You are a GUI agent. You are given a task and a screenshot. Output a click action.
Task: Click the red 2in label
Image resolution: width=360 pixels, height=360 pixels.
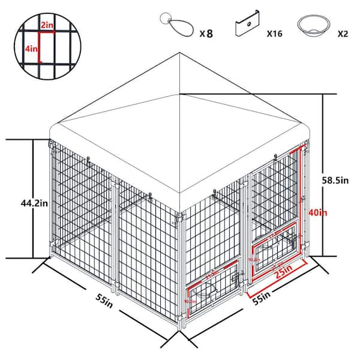coord(47,26)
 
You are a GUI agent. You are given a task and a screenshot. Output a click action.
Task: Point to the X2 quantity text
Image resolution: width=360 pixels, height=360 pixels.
coord(343,34)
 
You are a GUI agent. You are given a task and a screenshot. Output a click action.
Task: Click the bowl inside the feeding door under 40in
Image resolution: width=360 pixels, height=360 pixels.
coord(277,241)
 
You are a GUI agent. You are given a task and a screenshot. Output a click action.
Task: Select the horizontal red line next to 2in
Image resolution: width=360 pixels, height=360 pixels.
coord(47,32)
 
